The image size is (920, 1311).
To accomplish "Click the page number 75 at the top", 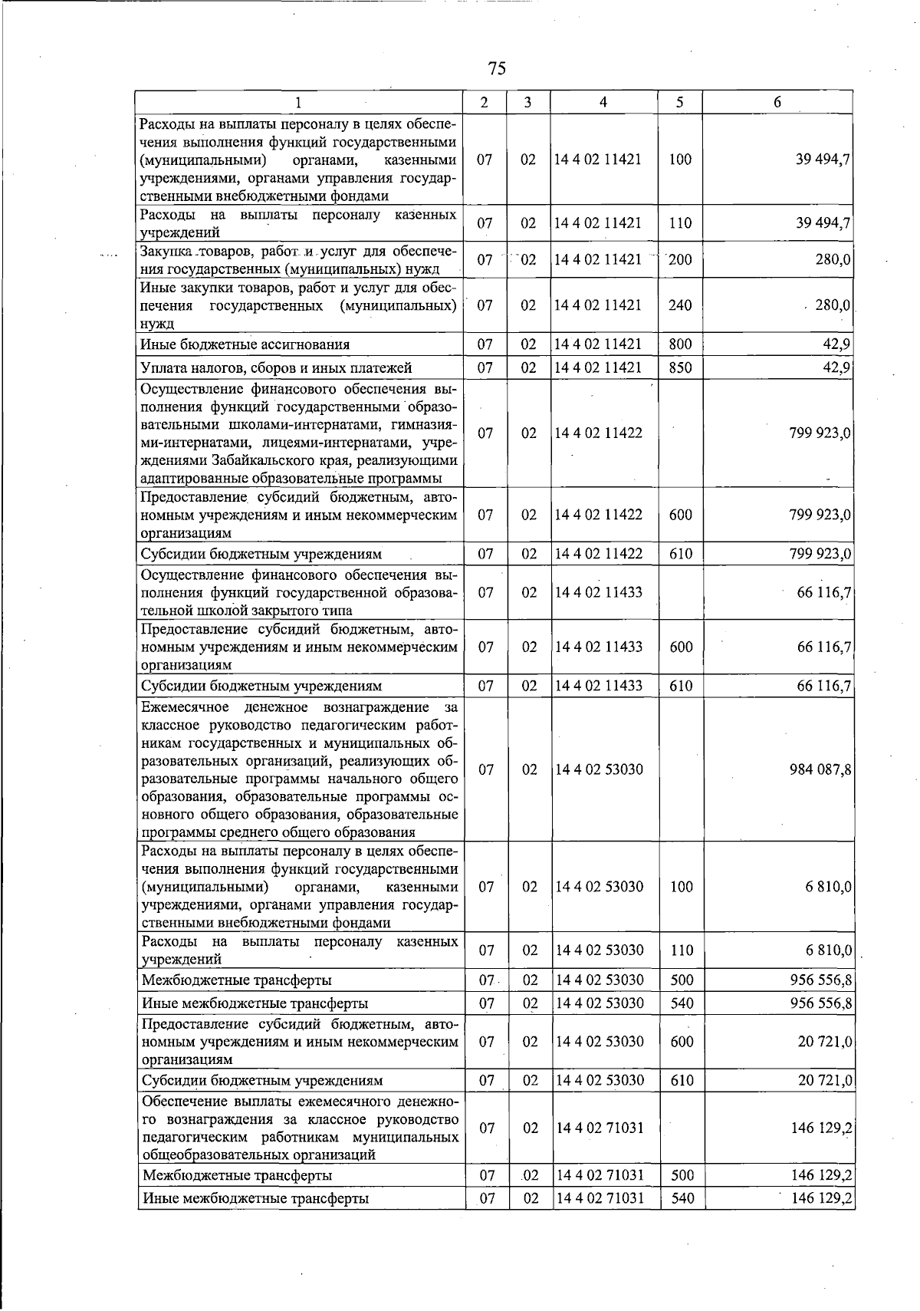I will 496,68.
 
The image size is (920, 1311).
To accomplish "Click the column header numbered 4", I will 603,102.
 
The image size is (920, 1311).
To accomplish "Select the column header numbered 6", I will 777,102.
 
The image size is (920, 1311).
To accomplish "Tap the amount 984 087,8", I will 820,769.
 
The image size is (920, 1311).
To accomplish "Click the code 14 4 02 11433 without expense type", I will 598,592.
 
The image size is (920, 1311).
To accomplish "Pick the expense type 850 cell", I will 680,367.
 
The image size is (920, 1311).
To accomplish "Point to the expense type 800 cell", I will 680,344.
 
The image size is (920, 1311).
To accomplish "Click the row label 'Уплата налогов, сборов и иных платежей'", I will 277,368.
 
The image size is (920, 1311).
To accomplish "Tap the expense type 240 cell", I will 680,305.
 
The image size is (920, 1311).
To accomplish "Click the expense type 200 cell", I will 680,260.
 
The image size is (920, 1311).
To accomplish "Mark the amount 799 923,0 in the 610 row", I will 820,554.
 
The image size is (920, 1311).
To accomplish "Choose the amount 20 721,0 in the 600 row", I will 824,1042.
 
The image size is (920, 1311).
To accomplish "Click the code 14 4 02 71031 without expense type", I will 598,1128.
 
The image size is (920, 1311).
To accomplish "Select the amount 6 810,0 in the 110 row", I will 828,950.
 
